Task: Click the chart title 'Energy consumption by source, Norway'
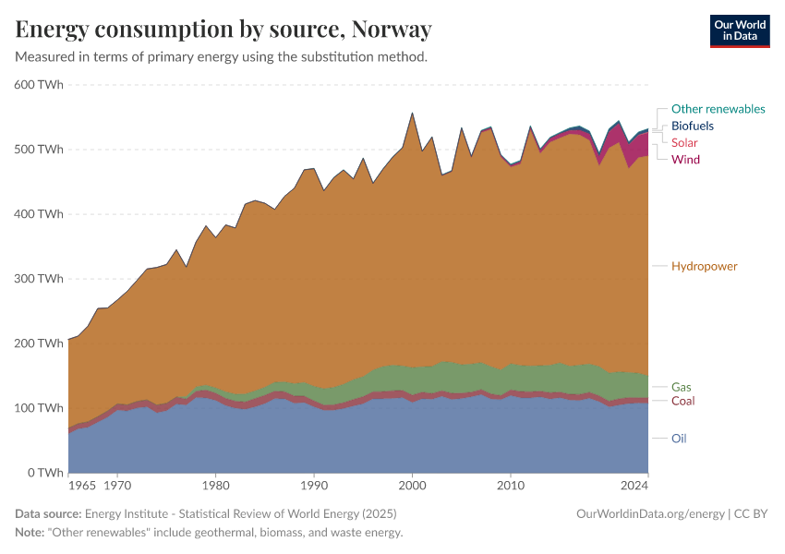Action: click(223, 30)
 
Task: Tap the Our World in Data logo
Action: click(739, 30)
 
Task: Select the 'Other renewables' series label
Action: click(718, 109)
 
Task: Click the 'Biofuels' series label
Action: click(692, 126)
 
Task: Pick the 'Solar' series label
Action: click(684, 142)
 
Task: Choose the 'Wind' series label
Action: click(685, 160)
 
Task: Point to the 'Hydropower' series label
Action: click(704, 266)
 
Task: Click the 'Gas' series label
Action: click(682, 387)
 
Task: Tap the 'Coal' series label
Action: click(682, 401)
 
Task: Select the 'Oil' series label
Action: click(679, 439)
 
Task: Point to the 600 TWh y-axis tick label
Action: click(38, 85)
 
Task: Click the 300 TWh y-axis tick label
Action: click(38, 279)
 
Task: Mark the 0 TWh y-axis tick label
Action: click(44, 473)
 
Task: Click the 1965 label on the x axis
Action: click(82, 485)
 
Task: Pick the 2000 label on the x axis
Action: click(412, 485)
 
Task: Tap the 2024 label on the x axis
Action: click(634, 485)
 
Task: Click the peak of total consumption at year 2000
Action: click(412, 114)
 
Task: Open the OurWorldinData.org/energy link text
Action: click(650, 513)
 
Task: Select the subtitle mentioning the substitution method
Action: click(221, 56)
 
